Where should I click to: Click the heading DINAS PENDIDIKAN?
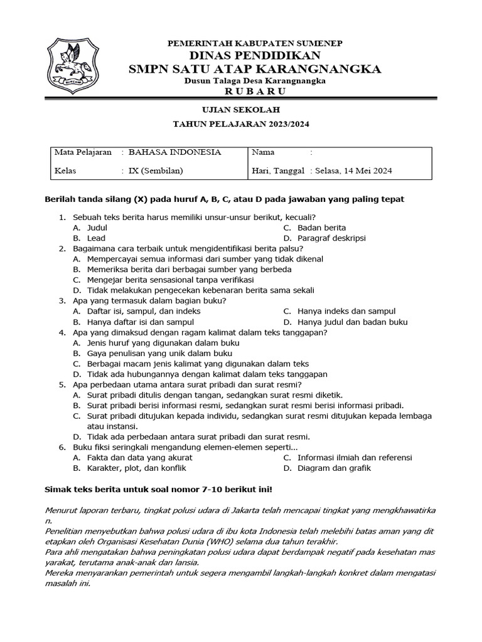click(x=254, y=56)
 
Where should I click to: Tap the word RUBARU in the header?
click(x=254, y=92)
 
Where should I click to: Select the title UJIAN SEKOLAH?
click(x=254, y=110)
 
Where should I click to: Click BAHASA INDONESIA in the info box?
click(x=174, y=152)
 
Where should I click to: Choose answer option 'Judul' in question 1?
click(x=97, y=228)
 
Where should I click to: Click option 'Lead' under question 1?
click(x=96, y=238)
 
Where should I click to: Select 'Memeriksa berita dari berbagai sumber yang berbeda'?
click(x=189, y=270)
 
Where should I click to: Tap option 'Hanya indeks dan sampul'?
click(x=346, y=311)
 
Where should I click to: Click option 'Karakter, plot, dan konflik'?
click(x=136, y=468)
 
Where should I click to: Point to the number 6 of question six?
click(x=62, y=447)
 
